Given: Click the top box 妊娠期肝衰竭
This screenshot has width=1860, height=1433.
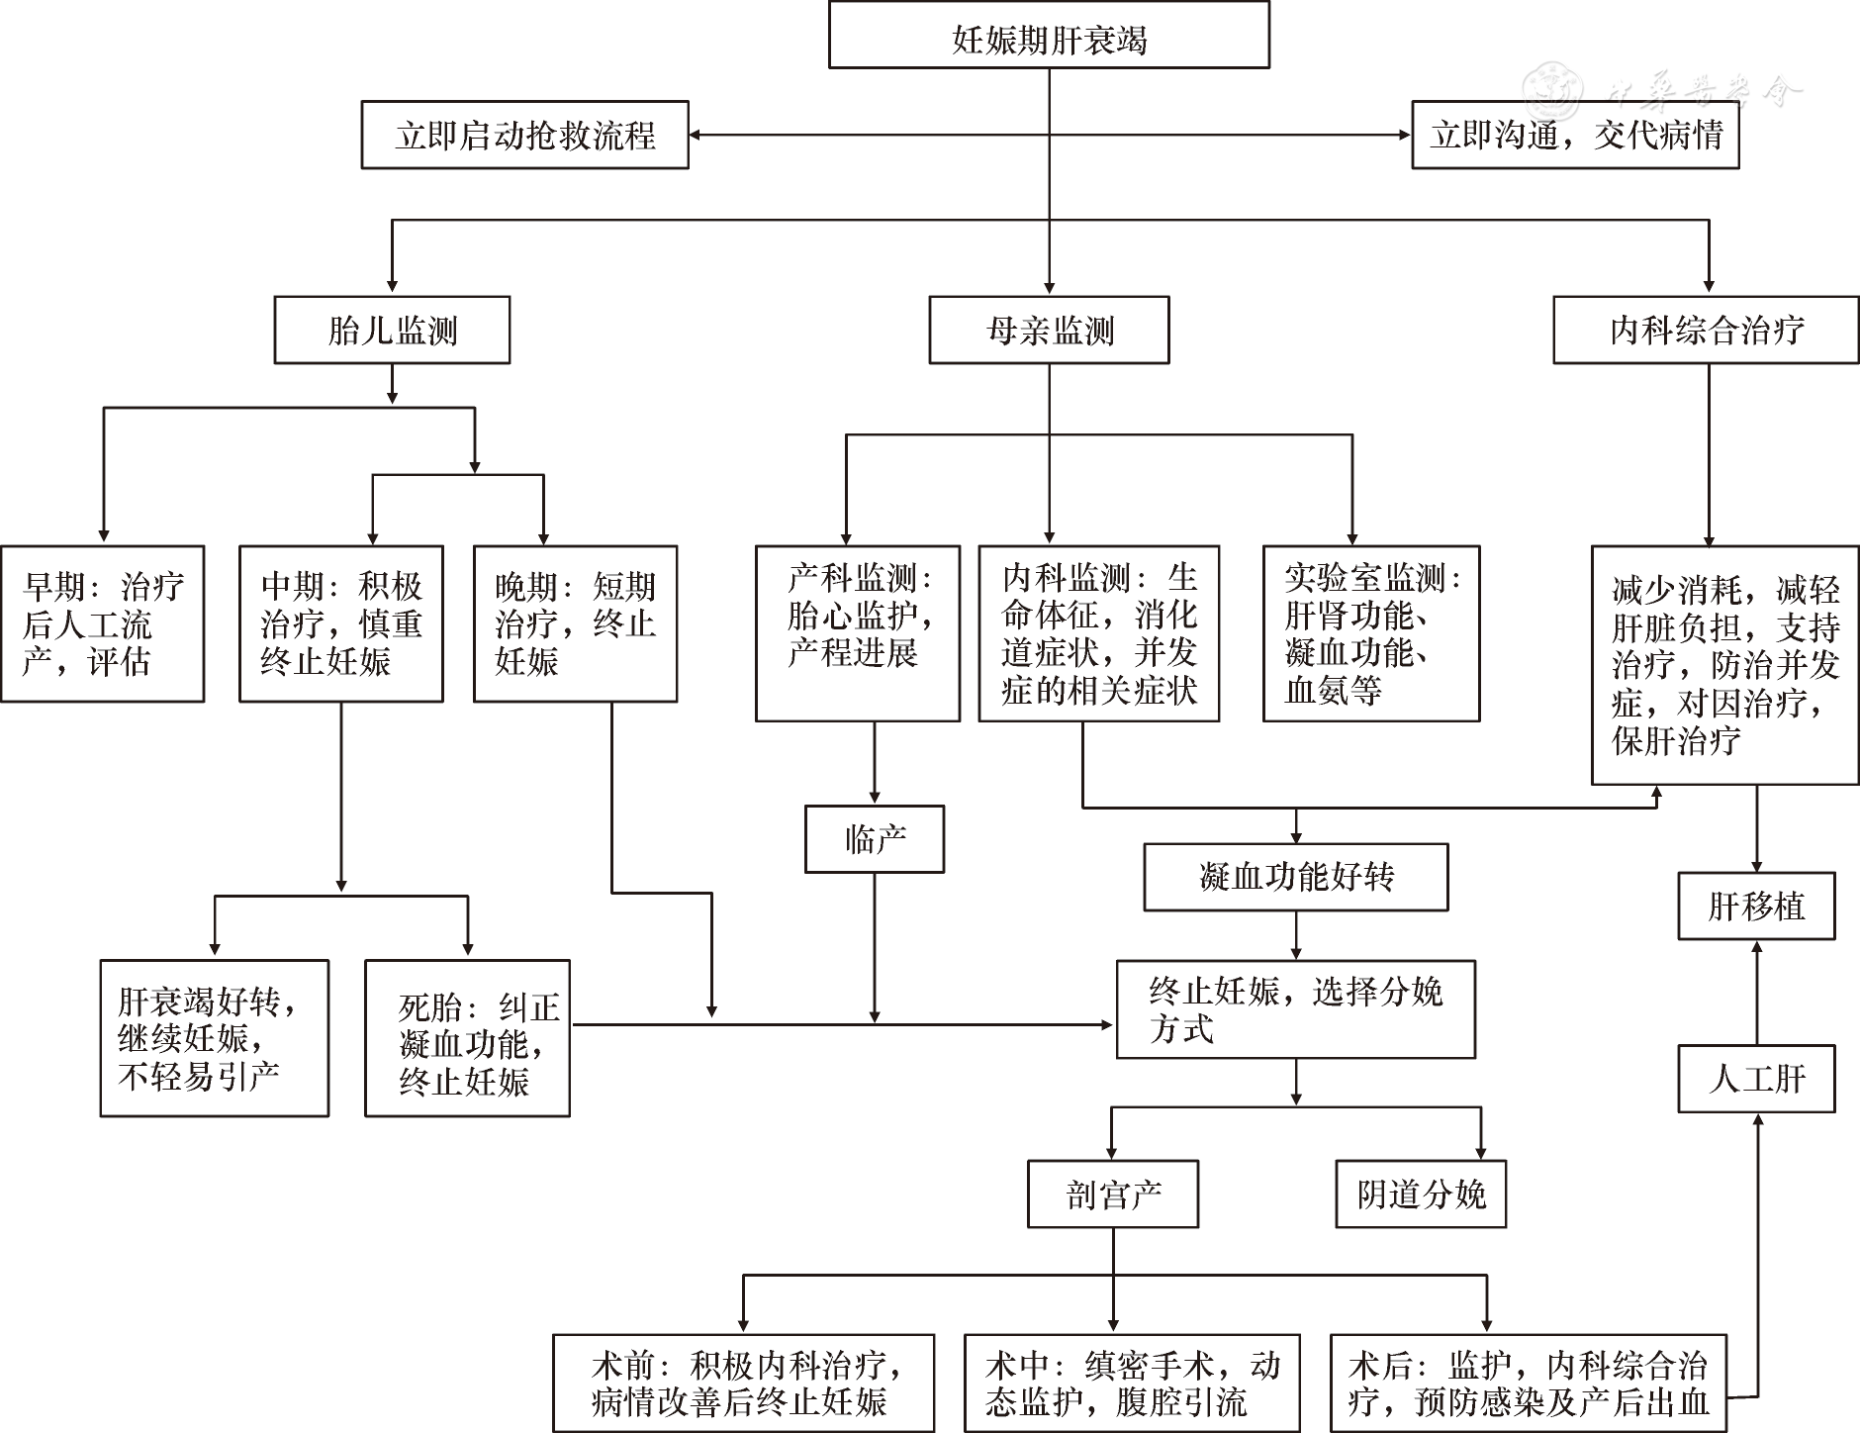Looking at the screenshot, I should (x=1049, y=37).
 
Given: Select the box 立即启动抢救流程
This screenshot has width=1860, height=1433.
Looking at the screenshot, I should (x=524, y=135).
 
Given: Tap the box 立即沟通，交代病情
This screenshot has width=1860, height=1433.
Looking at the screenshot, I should (x=1575, y=135).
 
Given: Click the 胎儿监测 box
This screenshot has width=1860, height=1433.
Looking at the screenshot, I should (x=392, y=330).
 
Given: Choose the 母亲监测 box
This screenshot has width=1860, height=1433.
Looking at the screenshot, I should (x=1049, y=330).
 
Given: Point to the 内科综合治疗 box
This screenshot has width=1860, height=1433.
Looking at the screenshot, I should (x=1706, y=330).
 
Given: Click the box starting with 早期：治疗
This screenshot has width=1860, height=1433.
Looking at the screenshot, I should (x=103, y=623).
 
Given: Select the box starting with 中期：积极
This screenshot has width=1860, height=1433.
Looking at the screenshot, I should (x=341, y=623).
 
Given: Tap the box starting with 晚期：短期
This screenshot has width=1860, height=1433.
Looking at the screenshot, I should (x=575, y=623).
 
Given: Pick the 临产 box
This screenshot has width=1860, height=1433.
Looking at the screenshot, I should (x=875, y=839).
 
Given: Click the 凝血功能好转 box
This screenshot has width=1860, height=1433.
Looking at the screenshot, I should (x=1296, y=877).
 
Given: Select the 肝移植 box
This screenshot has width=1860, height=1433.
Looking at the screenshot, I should (x=1756, y=906).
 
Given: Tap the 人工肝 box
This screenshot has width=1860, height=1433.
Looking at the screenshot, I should (x=1756, y=1078).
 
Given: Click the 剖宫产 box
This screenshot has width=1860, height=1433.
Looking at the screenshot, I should (x=1113, y=1194).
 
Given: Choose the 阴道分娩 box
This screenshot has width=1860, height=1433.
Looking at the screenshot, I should (x=1421, y=1194).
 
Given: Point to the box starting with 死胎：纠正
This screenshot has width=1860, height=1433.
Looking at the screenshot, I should (x=467, y=1038).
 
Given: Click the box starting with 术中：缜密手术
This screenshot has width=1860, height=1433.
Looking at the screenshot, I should (x=1132, y=1383).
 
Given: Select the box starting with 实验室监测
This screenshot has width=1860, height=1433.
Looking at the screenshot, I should (x=1371, y=633).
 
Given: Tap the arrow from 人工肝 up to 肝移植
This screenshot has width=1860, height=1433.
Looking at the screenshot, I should (x=1757, y=992).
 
